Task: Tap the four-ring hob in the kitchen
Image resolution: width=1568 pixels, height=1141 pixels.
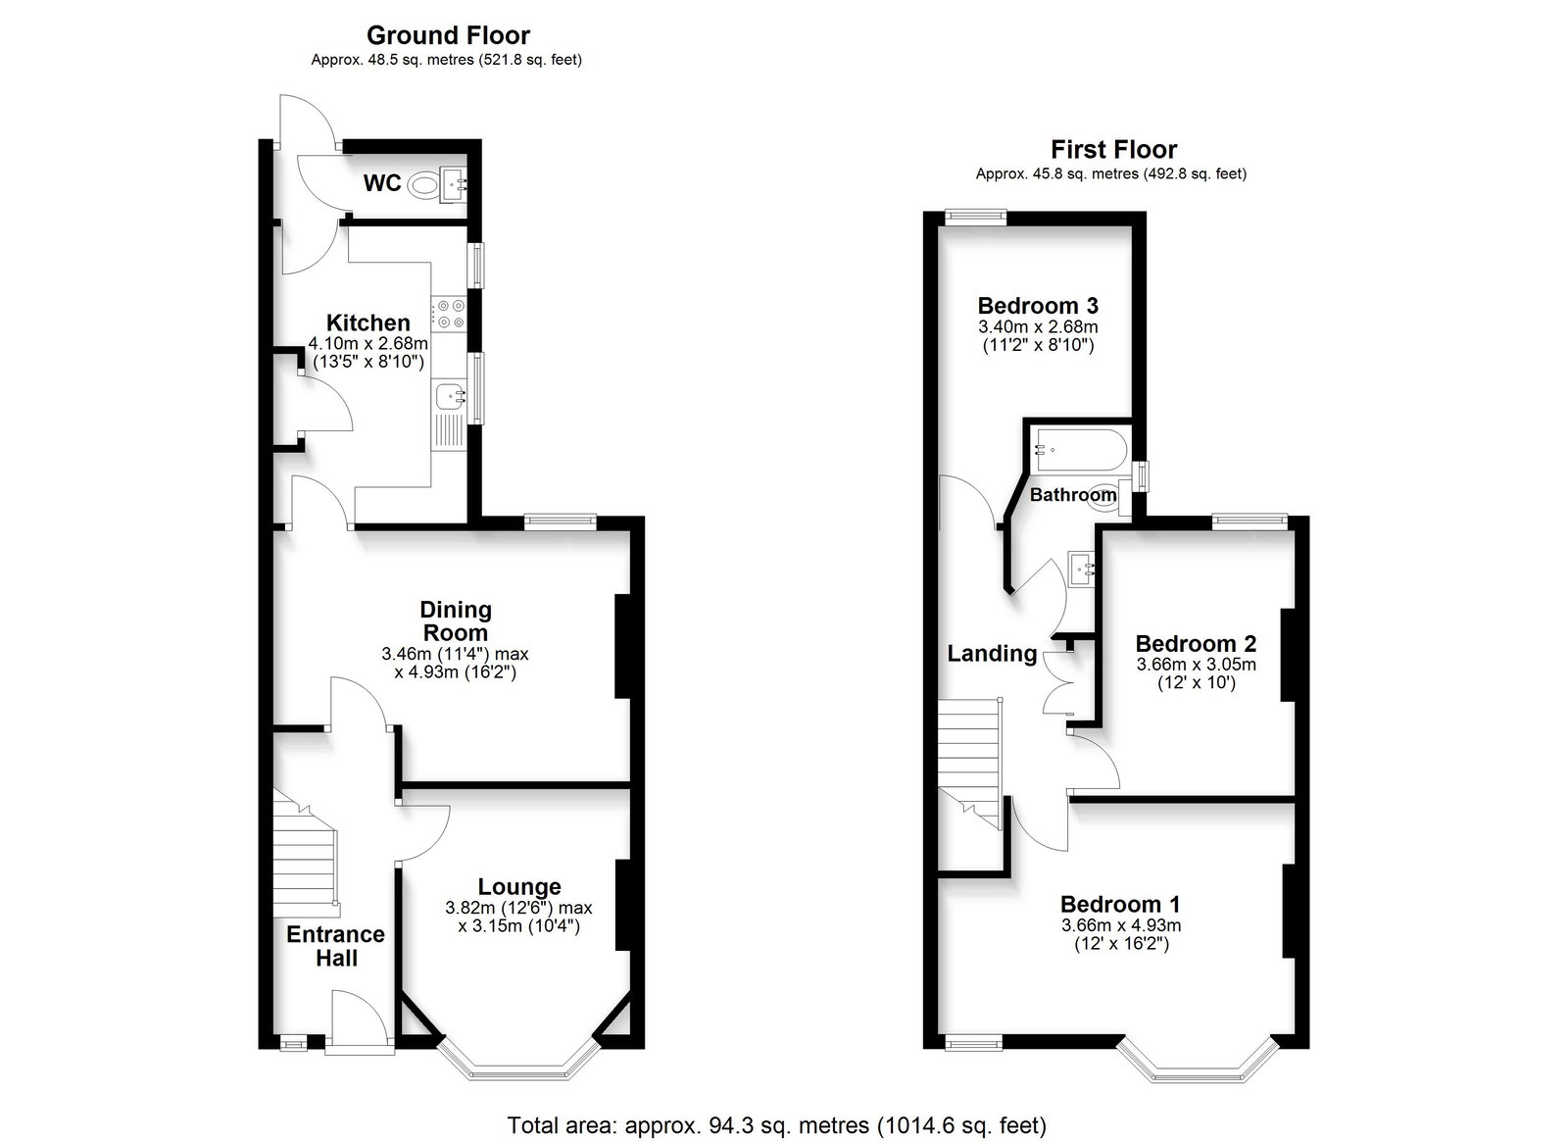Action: coord(450,314)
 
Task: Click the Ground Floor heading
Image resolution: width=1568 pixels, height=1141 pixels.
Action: coord(448,34)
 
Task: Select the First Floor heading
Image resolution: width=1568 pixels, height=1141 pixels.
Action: coord(1113,149)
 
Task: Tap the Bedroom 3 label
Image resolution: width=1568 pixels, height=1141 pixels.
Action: coord(1038,305)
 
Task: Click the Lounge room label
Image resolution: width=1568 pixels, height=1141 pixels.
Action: coord(519,887)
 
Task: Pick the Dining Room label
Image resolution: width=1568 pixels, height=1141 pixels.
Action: coord(456,620)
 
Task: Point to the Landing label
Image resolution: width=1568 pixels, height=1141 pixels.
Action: coord(992,653)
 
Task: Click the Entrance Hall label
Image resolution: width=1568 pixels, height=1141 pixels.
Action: coord(336,946)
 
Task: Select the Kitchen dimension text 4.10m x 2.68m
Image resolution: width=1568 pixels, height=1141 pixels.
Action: coord(368,344)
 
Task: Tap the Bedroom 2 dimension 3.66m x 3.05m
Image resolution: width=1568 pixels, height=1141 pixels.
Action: coord(1197,665)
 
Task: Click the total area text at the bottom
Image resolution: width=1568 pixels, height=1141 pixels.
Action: coord(777,1125)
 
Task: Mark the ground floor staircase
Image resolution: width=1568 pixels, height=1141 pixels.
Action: coord(306,854)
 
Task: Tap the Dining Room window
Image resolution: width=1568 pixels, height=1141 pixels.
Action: coord(560,520)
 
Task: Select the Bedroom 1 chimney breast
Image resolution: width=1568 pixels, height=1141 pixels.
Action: coord(1288,912)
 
